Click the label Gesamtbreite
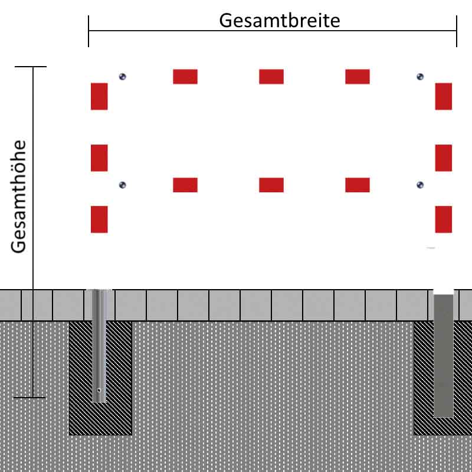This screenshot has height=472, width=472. pyautogui.click(x=280, y=20)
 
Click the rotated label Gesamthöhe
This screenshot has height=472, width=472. pyautogui.click(x=19, y=196)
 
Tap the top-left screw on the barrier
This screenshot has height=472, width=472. pyautogui.click(x=123, y=76)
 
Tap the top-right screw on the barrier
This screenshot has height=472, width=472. pyautogui.click(x=420, y=76)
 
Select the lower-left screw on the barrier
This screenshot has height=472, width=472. pyautogui.click(x=123, y=185)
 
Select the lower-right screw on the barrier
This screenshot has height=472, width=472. pyautogui.click(x=420, y=185)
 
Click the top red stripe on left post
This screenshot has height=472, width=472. pyautogui.click(x=99, y=96)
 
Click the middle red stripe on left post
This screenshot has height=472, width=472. pyautogui.click(x=99, y=158)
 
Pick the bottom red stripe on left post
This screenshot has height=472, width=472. pyautogui.click(x=99, y=219)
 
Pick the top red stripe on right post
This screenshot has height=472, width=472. pyautogui.click(x=444, y=96)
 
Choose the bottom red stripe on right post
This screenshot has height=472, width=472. pyautogui.click(x=444, y=219)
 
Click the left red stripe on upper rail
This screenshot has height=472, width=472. pyautogui.click(x=185, y=77)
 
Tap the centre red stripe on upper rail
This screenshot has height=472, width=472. pyautogui.click(x=271, y=77)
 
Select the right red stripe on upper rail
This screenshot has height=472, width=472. pyautogui.click(x=358, y=77)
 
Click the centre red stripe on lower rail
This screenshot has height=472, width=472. pyautogui.click(x=271, y=185)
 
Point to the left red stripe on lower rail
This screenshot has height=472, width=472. pyautogui.click(x=185, y=185)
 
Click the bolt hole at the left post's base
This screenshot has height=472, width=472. pyautogui.click(x=99, y=390)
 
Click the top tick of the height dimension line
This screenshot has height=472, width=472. pyautogui.click(x=31, y=67)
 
